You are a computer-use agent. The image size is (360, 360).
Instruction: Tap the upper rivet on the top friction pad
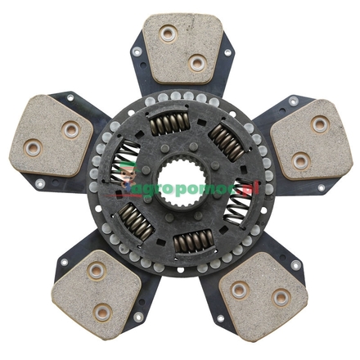pyautogui.click(x=169, y=35)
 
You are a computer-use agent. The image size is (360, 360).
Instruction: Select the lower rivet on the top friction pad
pyautogui.click(x=196, y=63)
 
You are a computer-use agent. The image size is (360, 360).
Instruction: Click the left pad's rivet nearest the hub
pyautogui.click(x=70, y=128)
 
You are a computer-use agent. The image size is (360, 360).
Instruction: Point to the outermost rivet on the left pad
pyautogui.click(x=34, y=148)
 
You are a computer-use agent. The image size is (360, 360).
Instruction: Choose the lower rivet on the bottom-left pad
pyautogui.click(x=101, y=311)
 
